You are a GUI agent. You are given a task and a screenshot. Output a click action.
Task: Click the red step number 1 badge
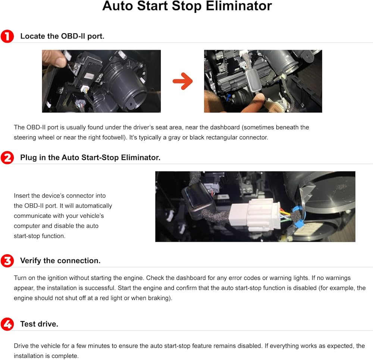click(x=7, y=36)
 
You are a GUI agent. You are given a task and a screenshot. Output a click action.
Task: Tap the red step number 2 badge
click(x=7, y=158)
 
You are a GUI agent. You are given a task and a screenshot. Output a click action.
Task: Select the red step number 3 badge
click(x=7, y=261)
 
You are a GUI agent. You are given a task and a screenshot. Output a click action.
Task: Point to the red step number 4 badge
click(x=7, y=324)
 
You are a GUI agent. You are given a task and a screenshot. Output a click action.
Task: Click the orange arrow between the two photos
click(x=183, y=81)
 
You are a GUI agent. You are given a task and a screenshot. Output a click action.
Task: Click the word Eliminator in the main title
click(x=239, y=6)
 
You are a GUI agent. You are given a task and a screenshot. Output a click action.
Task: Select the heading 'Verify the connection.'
click(x=60, y=261)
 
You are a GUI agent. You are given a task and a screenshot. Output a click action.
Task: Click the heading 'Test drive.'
click(x=39, y=324)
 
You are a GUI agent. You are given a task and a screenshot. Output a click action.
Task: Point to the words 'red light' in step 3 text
click(x=111, y=298)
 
